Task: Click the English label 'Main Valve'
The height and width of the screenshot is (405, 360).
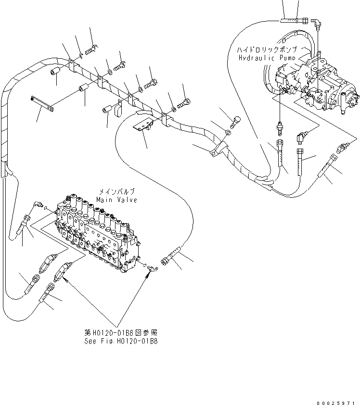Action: (116, 200)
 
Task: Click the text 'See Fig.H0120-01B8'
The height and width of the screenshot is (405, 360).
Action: (120, 341)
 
